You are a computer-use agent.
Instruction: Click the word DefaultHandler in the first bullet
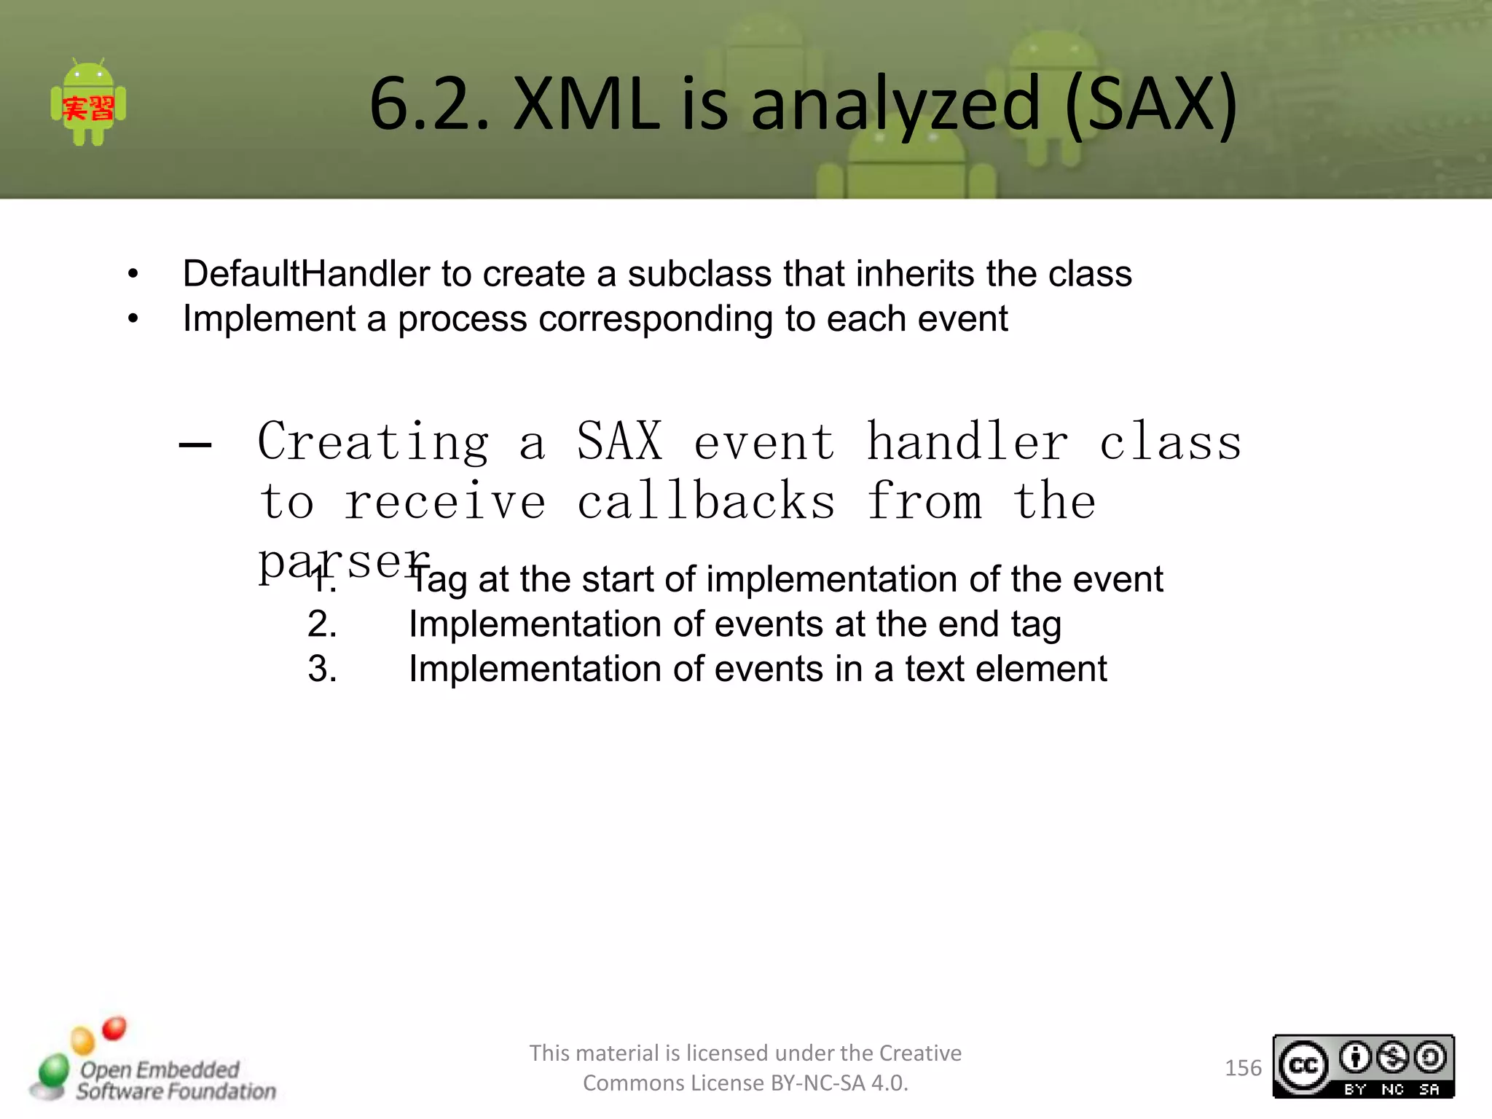pos(306,274)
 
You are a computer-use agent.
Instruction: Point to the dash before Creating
pos(195,444)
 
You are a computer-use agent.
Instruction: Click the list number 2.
pos(322,624)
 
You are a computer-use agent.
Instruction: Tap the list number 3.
pos(322,669)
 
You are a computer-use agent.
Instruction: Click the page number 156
pos(1242,1068)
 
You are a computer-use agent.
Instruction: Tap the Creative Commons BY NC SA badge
pos(1362,1067)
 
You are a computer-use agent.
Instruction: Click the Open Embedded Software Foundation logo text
pos(175,1080)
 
